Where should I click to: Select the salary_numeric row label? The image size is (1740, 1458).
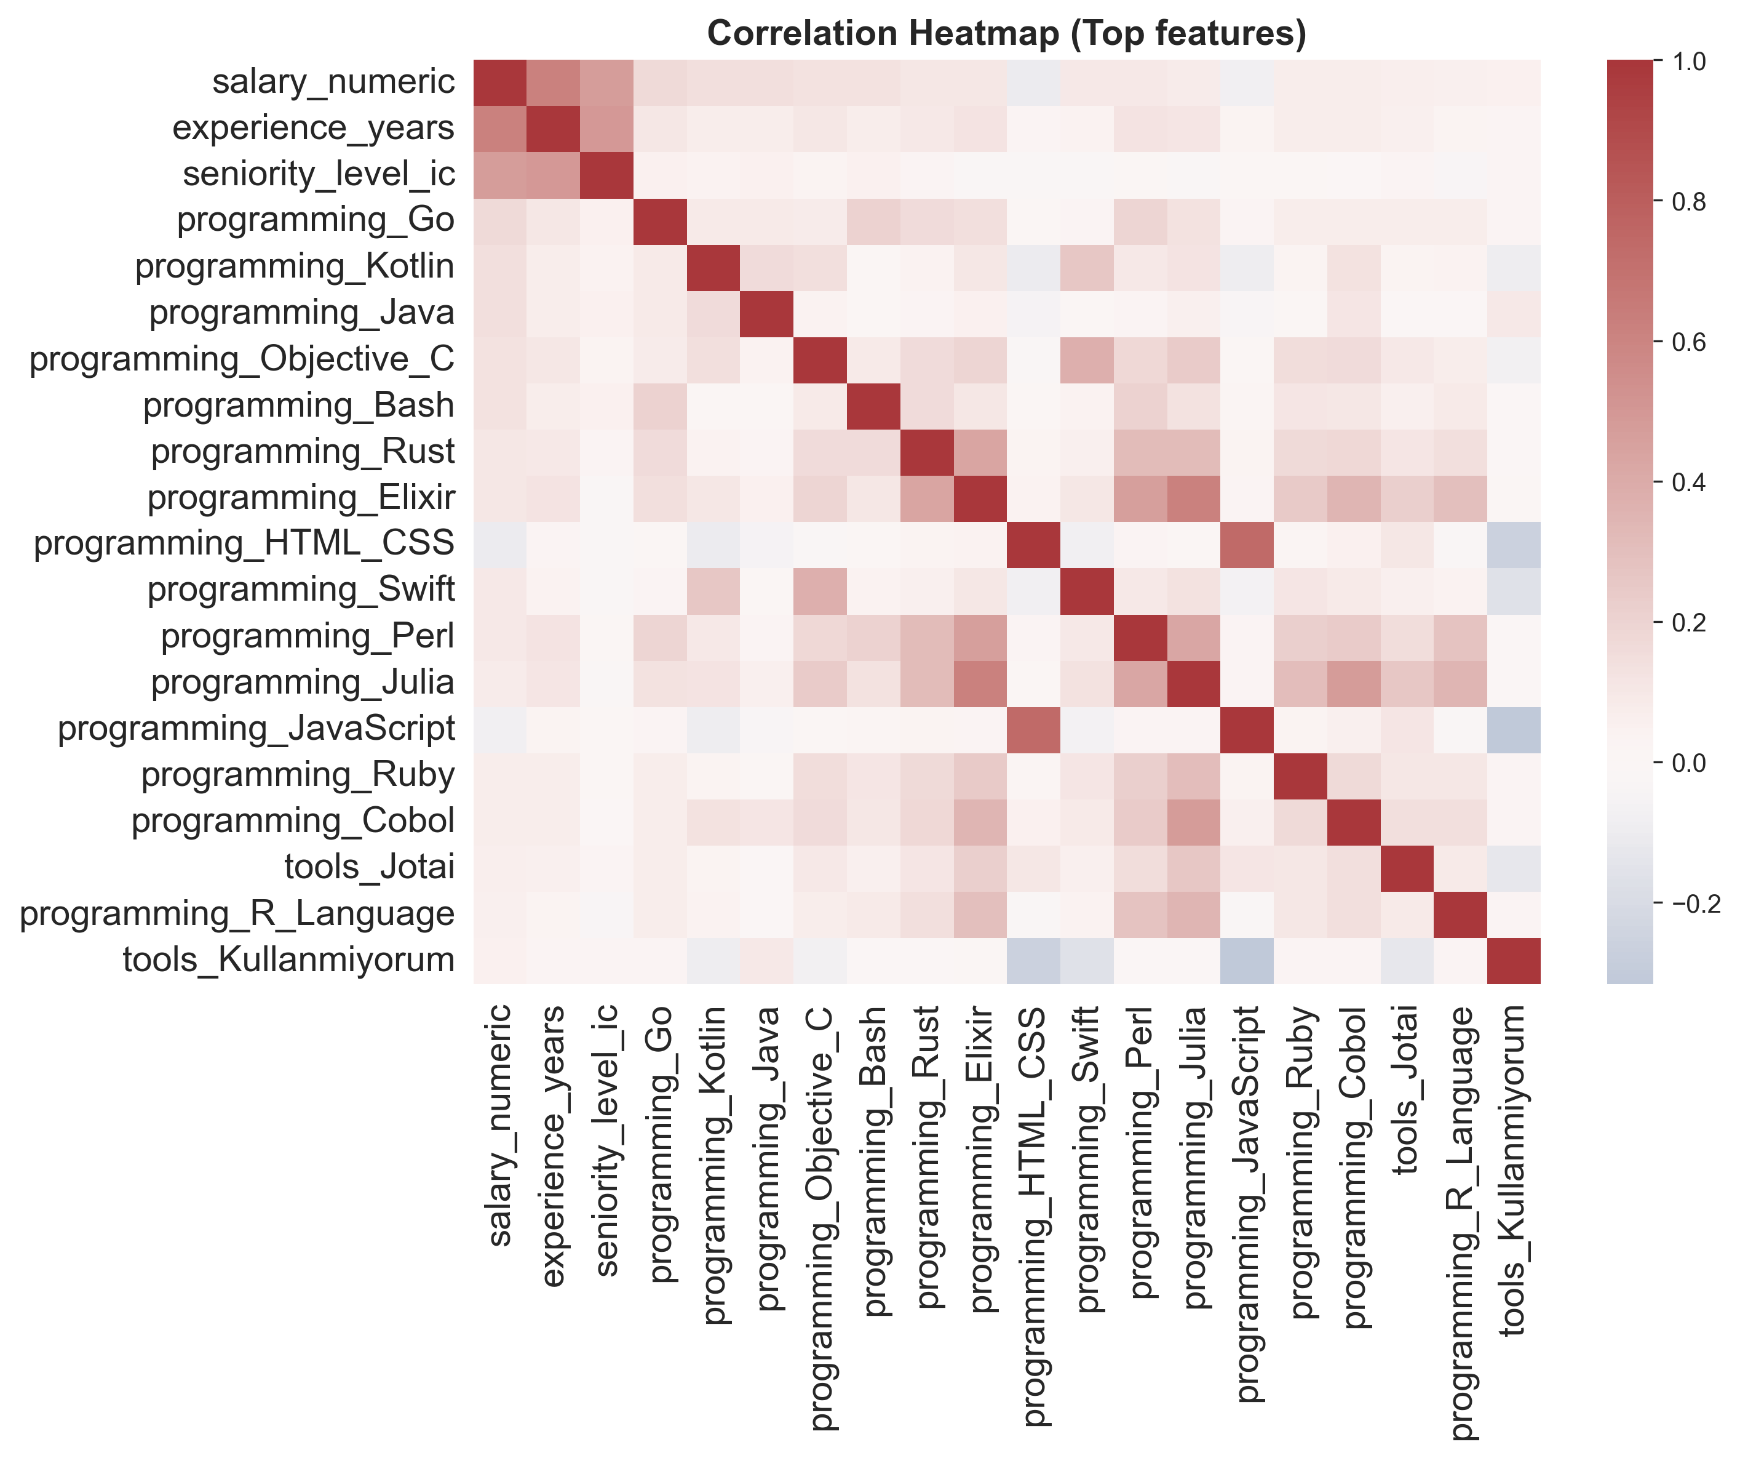point(333,82)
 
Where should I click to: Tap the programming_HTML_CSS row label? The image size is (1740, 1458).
point(244,543)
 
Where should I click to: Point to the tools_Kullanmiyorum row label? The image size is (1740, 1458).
point(288,960)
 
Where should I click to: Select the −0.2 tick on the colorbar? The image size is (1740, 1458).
point(1695,903)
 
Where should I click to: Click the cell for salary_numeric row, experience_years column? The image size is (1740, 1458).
point(553,83)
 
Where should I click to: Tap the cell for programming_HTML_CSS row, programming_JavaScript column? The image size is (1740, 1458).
point(1246,545)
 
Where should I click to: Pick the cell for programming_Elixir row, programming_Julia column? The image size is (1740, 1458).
point(1193,498)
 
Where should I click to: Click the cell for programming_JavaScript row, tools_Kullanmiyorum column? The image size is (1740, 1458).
point(1514,729)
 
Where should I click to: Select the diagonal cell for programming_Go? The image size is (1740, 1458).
point(659,222)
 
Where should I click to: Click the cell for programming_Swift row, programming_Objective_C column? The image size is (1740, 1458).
point(819,591)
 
